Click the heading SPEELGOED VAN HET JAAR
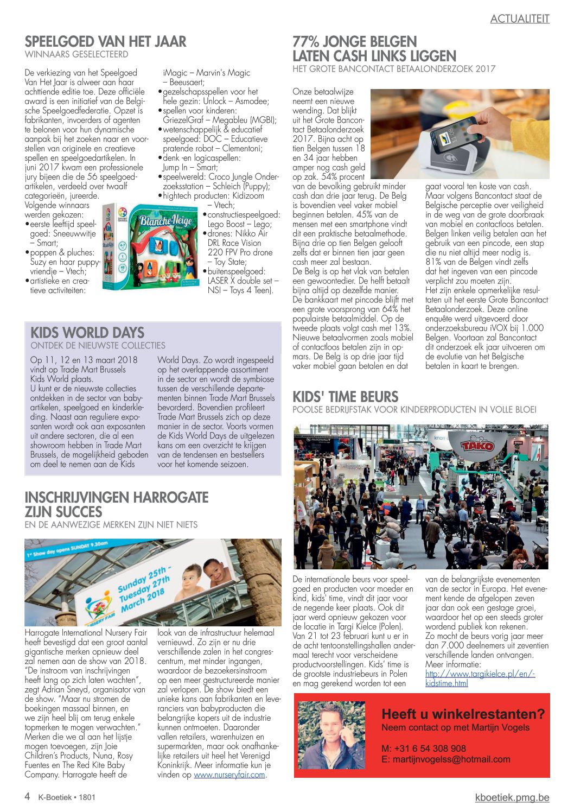(105, 42)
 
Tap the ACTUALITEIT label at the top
(520, 19)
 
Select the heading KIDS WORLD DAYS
(87, 333)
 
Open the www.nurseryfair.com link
(229, 775)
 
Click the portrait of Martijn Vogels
(331, 735)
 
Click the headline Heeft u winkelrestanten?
(463, 714)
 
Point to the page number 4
(28, 796)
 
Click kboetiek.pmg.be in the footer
(512, 797)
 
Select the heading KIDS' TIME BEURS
(345, 397)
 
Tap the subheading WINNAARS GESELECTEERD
(76, 54)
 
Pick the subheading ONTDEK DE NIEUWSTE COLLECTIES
(98, 345)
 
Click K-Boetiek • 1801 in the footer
(67, 797)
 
